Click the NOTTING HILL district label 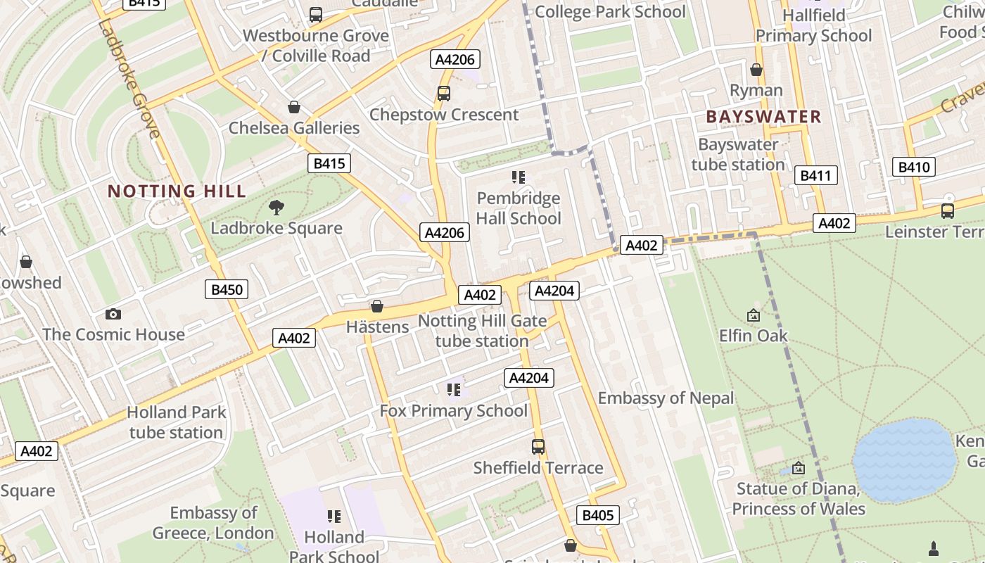point(177,191)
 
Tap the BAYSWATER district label point(763,117)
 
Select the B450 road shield point(227,289)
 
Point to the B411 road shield point(815,175)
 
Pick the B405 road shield point(598,515)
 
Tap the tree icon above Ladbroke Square point(277,207)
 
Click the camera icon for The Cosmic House point(113,314)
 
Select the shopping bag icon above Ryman point(756,70)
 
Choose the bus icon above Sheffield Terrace point(538,447)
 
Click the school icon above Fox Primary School point(454,389)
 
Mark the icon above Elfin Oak point(754,315)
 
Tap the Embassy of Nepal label point(666,398)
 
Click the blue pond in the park point(903,460)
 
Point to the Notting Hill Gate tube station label point(482,331)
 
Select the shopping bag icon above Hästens point(377,306)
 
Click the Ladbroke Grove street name point(128,77)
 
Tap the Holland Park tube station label point(176,422)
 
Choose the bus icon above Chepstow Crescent point(444,93)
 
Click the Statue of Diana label point(799,498)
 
